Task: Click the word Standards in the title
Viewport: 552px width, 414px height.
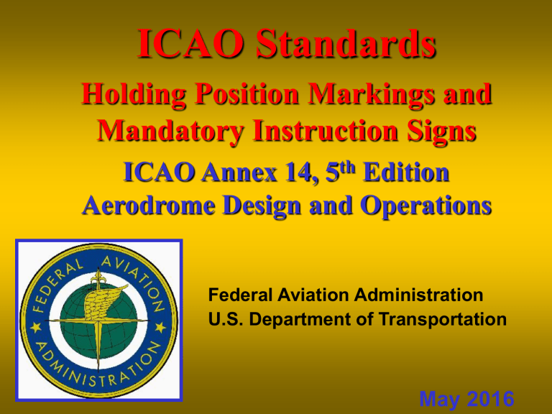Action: (x=341, y=45)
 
